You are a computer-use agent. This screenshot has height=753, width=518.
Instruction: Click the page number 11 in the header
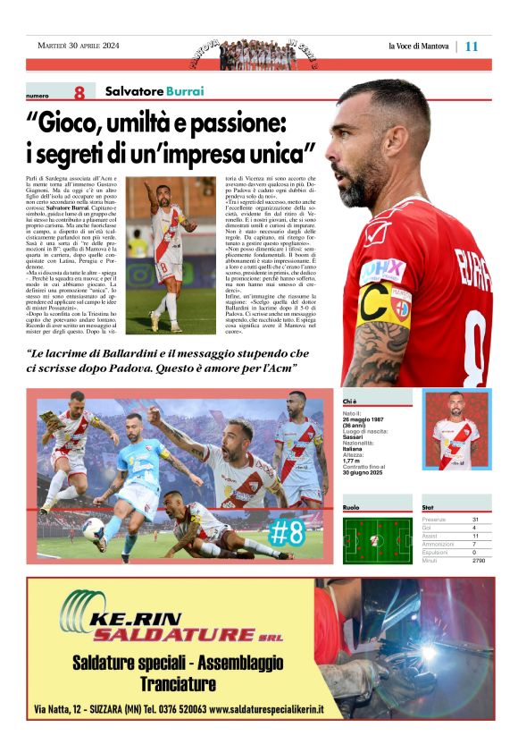(472, 47)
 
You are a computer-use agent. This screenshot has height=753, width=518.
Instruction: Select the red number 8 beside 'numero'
(79, 93)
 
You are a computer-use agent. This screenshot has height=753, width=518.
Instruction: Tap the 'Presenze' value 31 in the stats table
(476, 520)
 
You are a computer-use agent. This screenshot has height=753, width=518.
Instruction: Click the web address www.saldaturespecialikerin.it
(265, 709)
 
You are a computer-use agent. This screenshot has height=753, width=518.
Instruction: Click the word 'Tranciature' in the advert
(178, 684)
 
